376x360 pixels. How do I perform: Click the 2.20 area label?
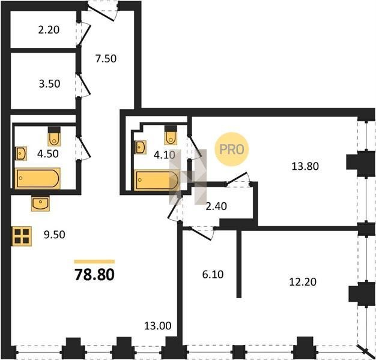pyautogui.click(x=49, y=30)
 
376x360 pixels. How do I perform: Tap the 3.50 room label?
pyautogui.click(x=49, y=84)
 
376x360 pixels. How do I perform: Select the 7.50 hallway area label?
pyautogui.click(x=106, y=59)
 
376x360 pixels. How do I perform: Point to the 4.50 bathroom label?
pyautogui.click(x=48, y=154)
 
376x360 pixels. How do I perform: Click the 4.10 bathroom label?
pyautogui.click(x=165, y=155)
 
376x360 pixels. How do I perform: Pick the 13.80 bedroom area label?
pyautogui.click(x=305, y=166)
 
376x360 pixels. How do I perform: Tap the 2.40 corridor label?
pyautogui.click(x=216, y=206)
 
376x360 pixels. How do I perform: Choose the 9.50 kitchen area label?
pyautogui.click(x=55, y=235)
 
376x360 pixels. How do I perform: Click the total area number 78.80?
pyautogui.click(x=94, y=274)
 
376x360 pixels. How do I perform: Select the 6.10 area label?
pyautogui.click(x=213, y=274)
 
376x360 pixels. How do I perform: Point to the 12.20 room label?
pyautogui.click(x=303, y=282)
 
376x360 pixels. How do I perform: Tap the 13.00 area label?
pyautogui.click(x=158, y=326)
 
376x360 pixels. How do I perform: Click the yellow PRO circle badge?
pyautogui.click(x=232, y=149)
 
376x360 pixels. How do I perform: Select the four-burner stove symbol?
pyautogui.click(x=22, y=236)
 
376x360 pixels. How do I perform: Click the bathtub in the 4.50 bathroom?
pyautogui.click(x=38, y=178)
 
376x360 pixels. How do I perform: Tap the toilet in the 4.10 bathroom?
pyautogui.click(x=171, y=136)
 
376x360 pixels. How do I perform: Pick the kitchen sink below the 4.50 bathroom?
pyautogui.click(x=40, y=203)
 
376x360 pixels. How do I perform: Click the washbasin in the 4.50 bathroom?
pyautogui.click(x=21, y=154)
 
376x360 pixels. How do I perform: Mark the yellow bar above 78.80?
pyautogui.click(x=94, y=262)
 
